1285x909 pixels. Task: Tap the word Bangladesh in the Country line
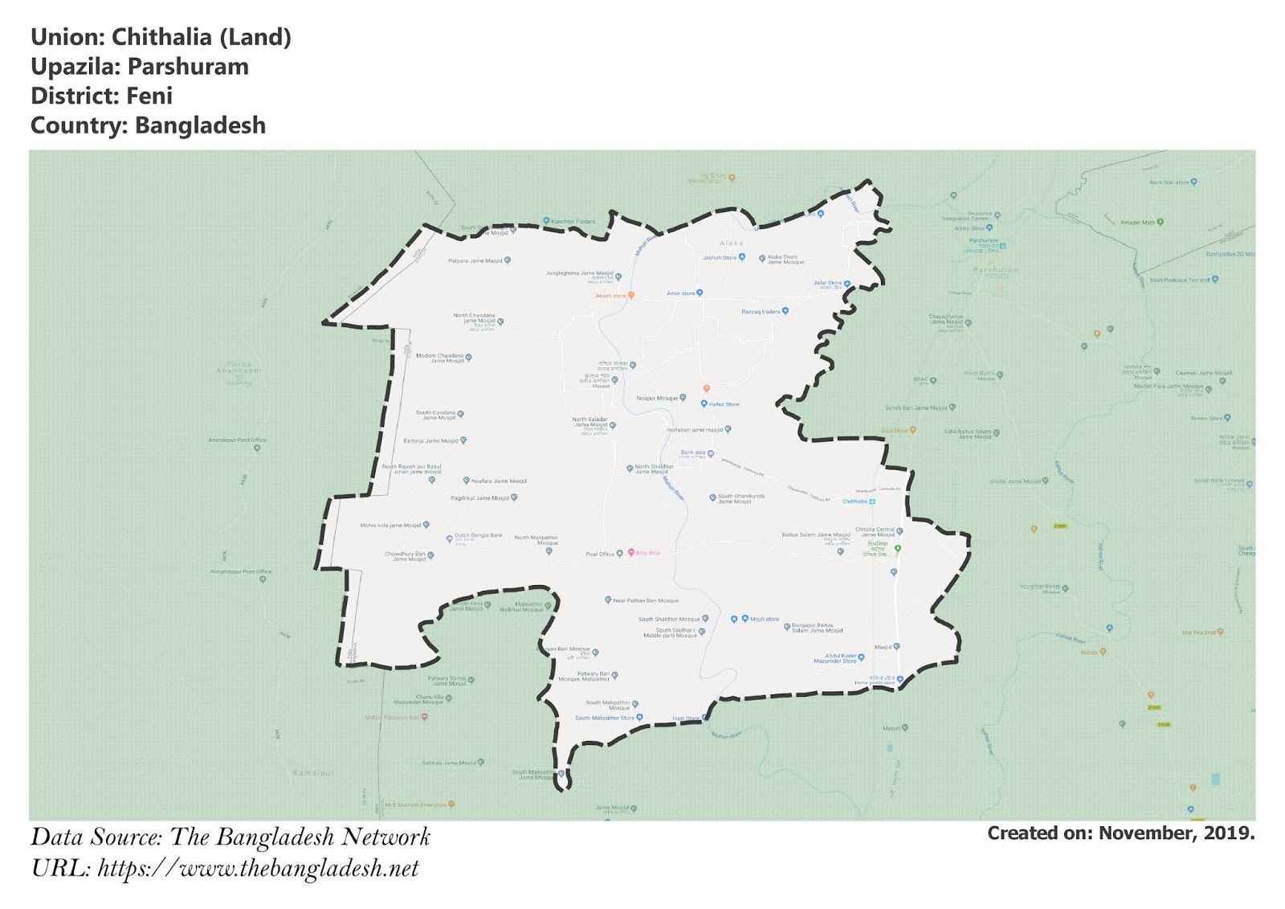(200, 126)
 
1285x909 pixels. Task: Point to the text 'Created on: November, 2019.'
(1120, 833)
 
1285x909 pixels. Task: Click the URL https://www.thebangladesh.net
(258, 869)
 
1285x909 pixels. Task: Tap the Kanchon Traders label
(573, 221)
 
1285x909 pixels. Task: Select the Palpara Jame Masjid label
(475, 260)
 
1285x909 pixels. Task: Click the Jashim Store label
(719, 258)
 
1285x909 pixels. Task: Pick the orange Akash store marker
(631, 296)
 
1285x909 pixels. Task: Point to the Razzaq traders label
(760, 312)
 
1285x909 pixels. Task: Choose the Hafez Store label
(724, 404)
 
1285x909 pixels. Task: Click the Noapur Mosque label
(657, 398)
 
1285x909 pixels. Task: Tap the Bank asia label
(692, 452)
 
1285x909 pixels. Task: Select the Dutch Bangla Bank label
(478, 535)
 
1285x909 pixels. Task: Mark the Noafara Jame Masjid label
(499, 481)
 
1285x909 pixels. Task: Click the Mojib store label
(764, 620)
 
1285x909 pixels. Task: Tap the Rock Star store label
(1169, 182)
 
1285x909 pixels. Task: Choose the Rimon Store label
(1206, 418)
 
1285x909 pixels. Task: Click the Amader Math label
(1137, 223)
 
